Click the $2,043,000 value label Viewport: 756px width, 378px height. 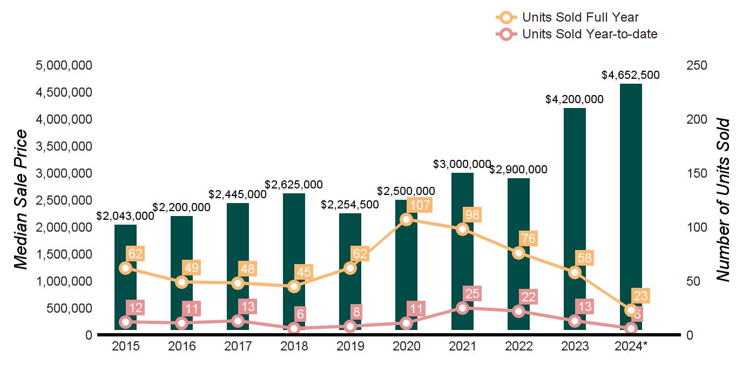[x=125, y=216]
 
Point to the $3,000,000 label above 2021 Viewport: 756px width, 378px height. [x=462, y=164]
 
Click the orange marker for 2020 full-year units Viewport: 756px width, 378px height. [x=407, y=219]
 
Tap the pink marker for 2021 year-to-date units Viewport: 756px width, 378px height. [x=462, y=308]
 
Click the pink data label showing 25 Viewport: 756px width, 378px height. [x=472, y=294]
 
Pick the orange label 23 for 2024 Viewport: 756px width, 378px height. [x=640, y=296]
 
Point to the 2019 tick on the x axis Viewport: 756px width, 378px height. [x=350, y=346]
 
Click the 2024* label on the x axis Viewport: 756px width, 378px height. [x=630, y=346]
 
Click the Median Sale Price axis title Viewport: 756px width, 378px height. [x=21, y=200]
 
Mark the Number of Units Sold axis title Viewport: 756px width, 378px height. [x=723, y=200]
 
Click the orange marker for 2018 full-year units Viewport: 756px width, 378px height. [x=294, y=286]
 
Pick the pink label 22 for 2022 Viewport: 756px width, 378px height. [x=528, y=297]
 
